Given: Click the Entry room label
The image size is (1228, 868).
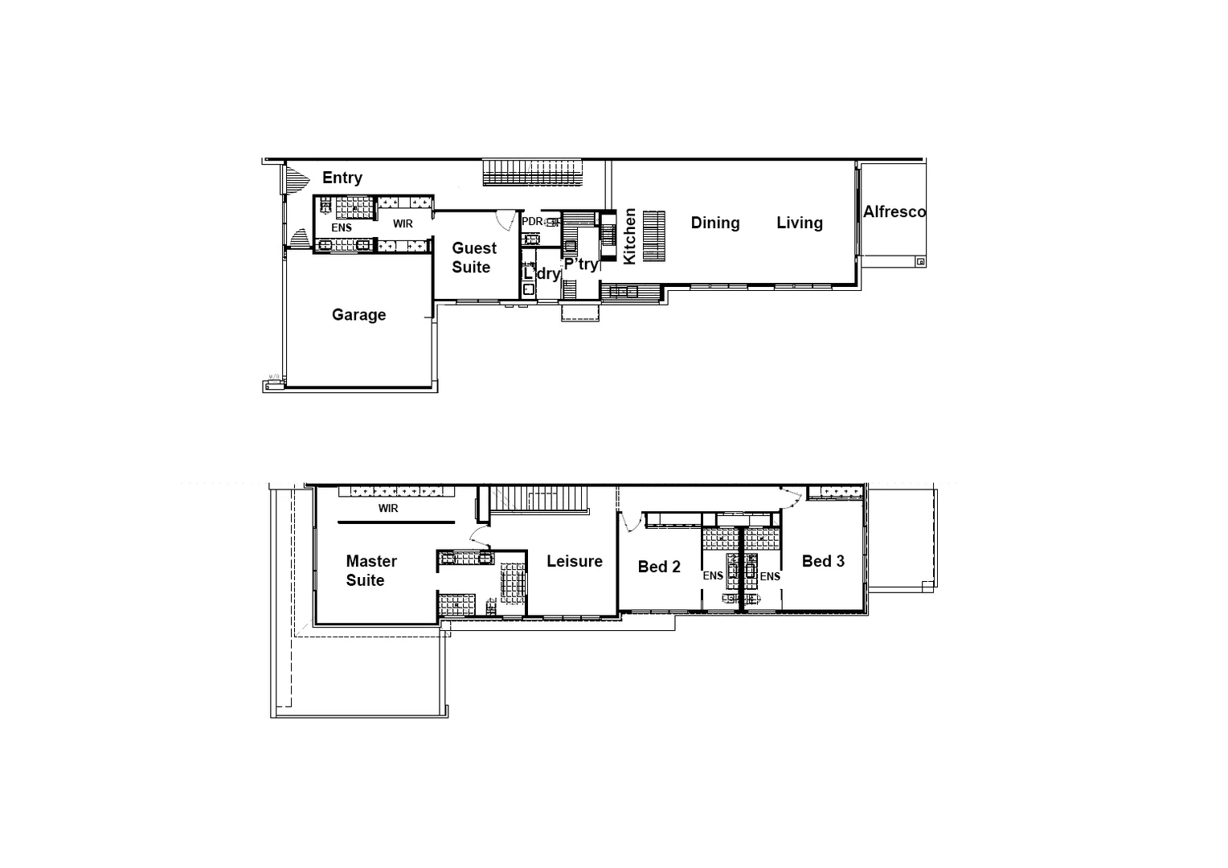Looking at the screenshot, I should coord(342,178).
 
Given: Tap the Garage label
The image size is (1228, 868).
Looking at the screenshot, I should coord(358,315).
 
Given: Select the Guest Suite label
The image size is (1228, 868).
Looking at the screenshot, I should coord(473,258).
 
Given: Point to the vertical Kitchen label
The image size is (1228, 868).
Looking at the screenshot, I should coord(630,235).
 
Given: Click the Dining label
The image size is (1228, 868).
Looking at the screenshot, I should coord(715,223).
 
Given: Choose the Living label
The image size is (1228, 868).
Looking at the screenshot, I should coord(800,223).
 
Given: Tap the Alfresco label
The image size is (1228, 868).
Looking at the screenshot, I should coord(894,212).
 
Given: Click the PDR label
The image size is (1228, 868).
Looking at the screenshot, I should coord(532,222).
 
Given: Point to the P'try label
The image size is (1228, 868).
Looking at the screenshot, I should coord(580,264).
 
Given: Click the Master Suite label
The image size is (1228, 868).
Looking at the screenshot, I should coord(370,571).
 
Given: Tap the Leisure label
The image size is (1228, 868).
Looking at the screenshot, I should coord(575,562).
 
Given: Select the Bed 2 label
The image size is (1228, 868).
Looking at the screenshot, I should coord(659,567).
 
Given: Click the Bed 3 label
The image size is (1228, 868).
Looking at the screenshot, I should coord(823,562).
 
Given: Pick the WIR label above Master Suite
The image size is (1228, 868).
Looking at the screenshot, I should coord(388,509).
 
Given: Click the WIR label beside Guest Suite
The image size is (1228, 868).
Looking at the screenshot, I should coord(403,224).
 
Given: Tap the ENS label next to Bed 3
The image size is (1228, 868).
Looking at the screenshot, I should coord(770,576).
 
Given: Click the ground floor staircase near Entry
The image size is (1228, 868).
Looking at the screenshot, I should coord(532,172).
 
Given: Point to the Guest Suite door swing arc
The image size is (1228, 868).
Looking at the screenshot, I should coord(506,219).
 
